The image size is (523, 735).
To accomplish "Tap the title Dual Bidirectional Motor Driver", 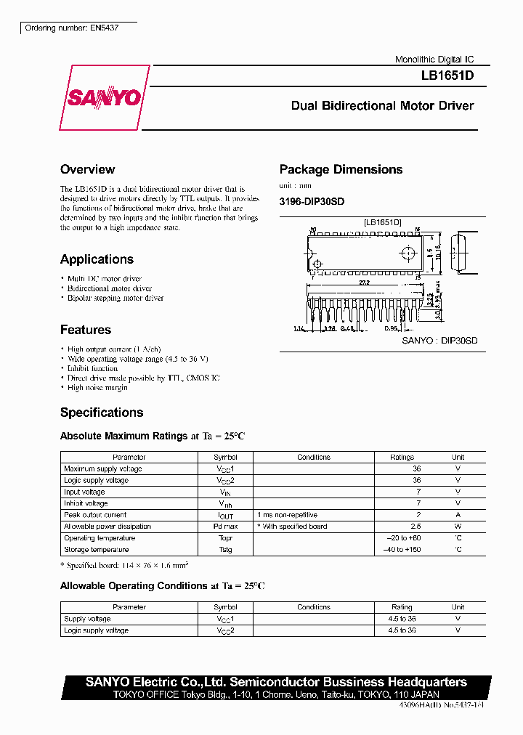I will pos(382,106).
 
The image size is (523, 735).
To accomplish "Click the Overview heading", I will pos(87,170).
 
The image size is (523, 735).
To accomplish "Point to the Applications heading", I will pos(97,259).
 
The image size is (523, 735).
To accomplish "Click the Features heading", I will pos(86,330).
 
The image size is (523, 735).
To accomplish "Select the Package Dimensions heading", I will pos(341,170).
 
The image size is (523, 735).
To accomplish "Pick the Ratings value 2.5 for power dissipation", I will pos(416,527).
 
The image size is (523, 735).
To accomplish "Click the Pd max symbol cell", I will pos(225,527).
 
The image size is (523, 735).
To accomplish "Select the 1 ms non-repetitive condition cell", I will pos(288,515).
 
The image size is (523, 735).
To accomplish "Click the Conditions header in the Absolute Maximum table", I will pos(314,458).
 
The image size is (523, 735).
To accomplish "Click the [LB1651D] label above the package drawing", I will pos(383,222).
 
